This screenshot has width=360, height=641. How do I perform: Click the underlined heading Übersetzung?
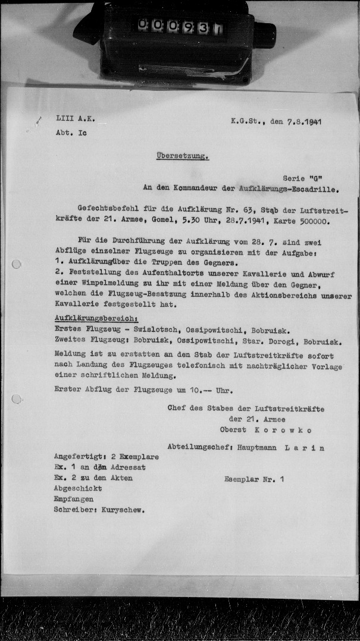point(182,156)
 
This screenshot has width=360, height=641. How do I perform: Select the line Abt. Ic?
point(71,133)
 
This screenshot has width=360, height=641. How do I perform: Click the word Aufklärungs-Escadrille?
point(288,190)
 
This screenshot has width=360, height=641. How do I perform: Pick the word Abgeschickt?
point(77,489)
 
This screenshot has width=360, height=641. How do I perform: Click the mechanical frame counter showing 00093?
point(179,27)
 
